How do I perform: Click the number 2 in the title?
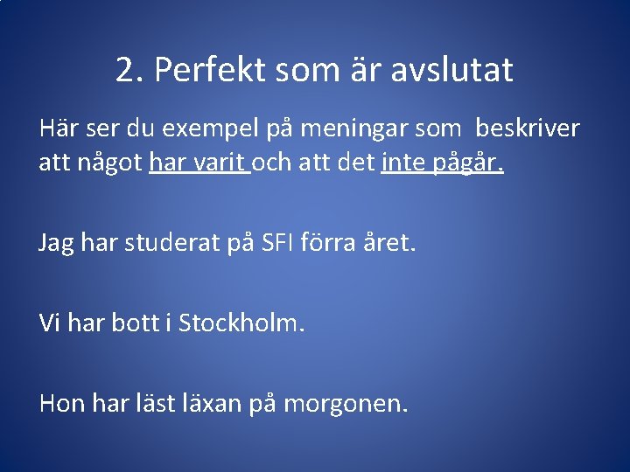[127, 70]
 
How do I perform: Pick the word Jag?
[56, 242]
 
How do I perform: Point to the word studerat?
[165, 242]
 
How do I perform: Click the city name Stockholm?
[241, 323]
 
